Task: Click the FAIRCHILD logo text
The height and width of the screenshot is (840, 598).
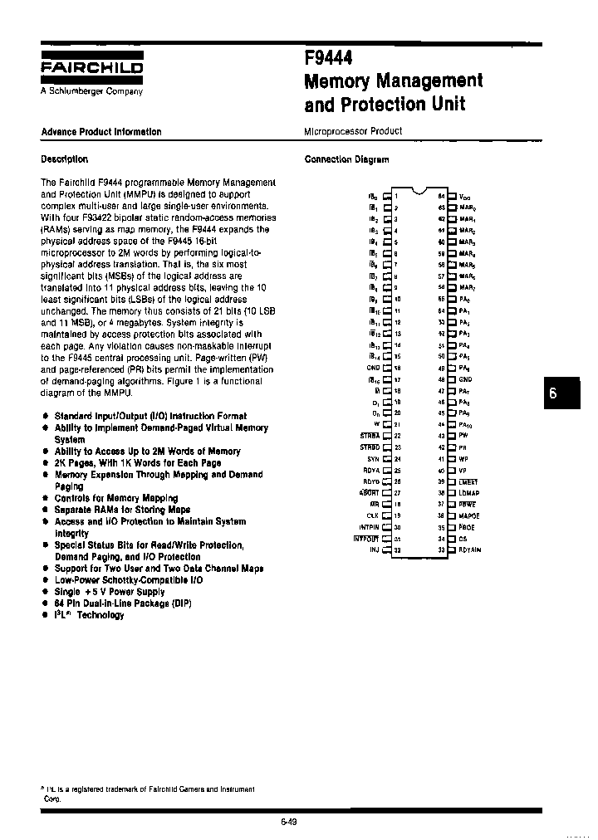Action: (x=92, y=67)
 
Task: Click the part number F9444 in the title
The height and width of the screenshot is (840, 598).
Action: (x=329, y=58)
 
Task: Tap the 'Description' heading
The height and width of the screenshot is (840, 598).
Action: (x=64, y=159)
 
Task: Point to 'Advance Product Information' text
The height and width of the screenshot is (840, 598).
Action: (x=101, y=132)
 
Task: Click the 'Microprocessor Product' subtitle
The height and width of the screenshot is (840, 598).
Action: (x=353, y=131)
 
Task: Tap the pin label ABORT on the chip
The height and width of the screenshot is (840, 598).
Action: (x=370, y=492)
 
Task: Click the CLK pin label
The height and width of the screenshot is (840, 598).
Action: (x=372, y=515)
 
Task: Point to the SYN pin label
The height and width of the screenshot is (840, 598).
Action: (x=373, y=458)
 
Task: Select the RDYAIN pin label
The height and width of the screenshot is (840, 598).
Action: (x=470, y=549)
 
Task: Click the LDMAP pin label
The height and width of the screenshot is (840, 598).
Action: (x=469, y=492)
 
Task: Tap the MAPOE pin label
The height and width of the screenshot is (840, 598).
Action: (x=468, y=515)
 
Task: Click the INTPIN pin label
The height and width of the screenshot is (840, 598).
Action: (x=369, y=526)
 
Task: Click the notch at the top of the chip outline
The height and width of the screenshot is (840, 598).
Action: (x=419, y=189)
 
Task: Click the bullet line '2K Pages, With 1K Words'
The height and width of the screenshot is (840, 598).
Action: (x=138, y=463)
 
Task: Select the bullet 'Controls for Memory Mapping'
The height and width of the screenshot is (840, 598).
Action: (x=116, y=498)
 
